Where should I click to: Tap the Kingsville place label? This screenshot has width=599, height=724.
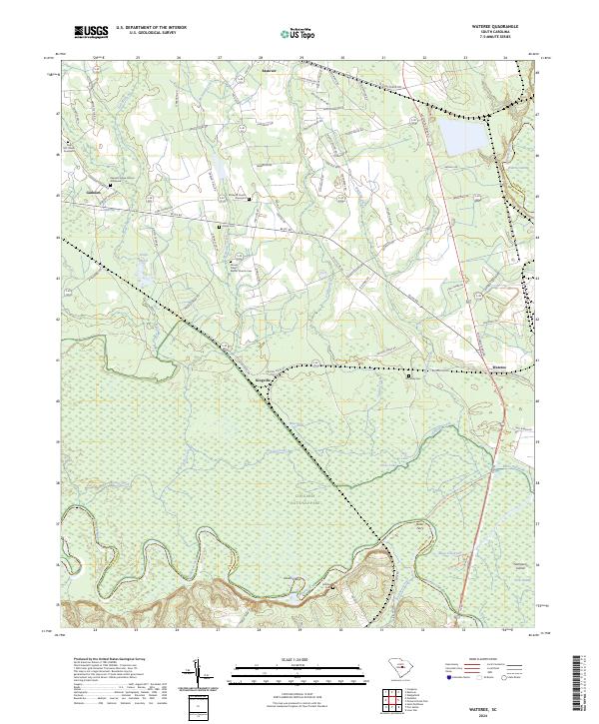point(264,378)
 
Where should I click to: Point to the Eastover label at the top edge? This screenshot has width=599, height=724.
point(268,71)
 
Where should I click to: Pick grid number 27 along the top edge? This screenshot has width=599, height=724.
point(219,59)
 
